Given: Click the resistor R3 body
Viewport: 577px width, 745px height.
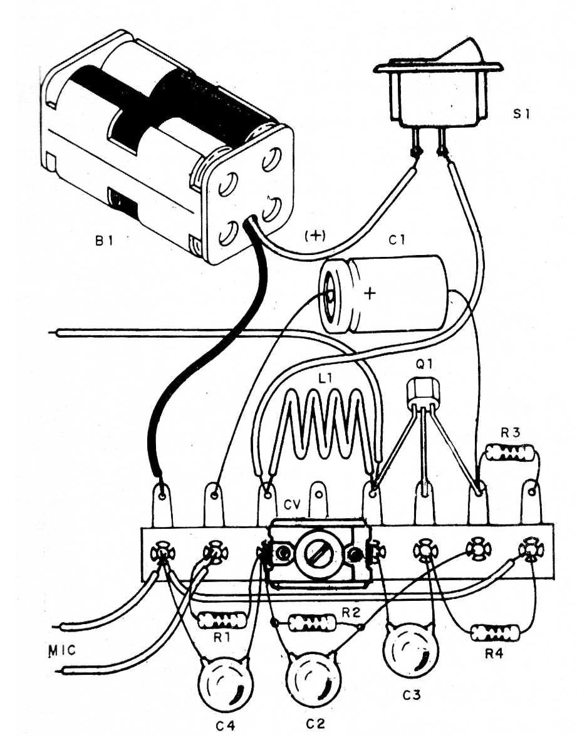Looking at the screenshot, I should tap(510, 452).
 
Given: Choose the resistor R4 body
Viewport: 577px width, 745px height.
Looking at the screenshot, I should tap(494, 632).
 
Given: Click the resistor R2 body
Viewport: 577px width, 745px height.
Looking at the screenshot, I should tap(311, 623).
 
